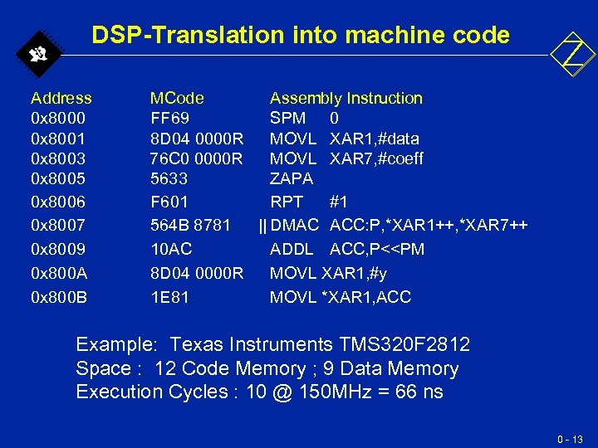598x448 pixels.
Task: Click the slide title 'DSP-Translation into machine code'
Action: coord(300,35)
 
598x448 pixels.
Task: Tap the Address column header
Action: coord(61,98)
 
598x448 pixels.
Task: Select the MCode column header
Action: coord(176,98)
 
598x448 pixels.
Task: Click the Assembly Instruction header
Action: coord(346,98)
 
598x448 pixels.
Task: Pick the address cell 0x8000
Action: coord(58,118)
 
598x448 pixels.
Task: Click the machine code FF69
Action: coord(169,118)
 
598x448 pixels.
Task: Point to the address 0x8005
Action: coord(58,178)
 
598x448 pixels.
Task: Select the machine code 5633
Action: coord(169,178)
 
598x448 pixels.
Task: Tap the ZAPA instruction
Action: coord(292,178)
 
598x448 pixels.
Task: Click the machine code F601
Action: coord(169,202)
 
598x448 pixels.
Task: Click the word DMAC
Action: coord(295,225)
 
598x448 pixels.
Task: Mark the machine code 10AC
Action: coord(170,249)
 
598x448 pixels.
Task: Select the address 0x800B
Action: coord(58,297)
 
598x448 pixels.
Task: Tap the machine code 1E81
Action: coord(169,297)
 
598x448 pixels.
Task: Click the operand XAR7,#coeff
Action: coord(376,158)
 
